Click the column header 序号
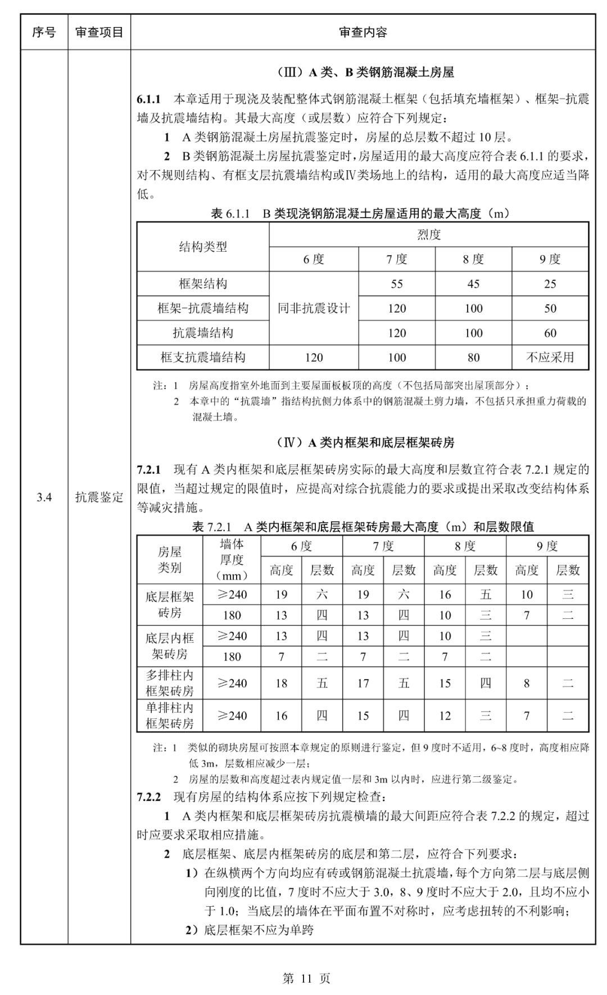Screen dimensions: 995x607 point(44,32)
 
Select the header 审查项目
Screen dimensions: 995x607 point(99,32)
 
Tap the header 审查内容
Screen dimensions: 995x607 point(363,32)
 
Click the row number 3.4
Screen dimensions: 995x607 point(44,497)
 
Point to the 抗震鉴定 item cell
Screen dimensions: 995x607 point(99,497)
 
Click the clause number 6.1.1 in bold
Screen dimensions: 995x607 point(149,99)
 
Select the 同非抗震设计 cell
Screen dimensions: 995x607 point(314,308)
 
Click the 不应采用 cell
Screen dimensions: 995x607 point(550,357)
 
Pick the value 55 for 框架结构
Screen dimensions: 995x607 point(397,284)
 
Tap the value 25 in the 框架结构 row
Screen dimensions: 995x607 point(550,284)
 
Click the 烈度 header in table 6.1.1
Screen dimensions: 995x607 point(429,234)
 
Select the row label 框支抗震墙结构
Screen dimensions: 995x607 point(203,357)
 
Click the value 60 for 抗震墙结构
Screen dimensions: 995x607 point(550,333)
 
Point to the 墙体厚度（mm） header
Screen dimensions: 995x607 point(232,559)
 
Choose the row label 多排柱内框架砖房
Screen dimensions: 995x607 point(170,683)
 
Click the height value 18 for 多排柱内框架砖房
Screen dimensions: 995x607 point(281,683)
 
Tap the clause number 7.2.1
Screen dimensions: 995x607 point(149,469)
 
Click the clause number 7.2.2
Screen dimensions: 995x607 point(149,797)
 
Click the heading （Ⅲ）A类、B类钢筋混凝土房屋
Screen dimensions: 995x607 point(366,72)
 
